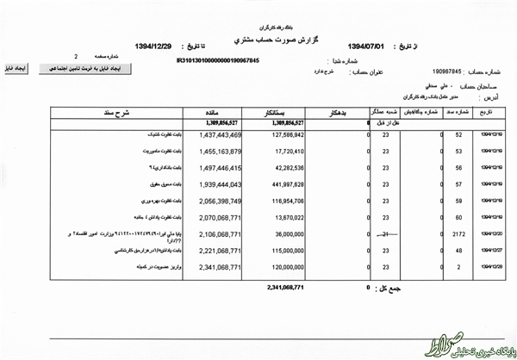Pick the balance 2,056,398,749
(219, 199)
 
